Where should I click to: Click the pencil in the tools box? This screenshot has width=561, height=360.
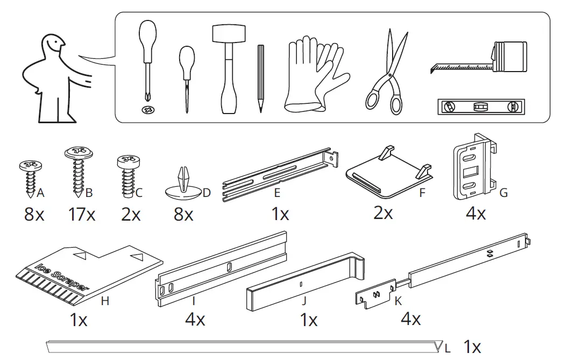click(261, 78)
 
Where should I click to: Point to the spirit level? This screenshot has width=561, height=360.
click(481, 107)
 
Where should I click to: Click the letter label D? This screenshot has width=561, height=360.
click(207, 193)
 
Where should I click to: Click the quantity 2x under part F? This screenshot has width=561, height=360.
click(382, 213)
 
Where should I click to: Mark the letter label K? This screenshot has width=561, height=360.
click(398, 301)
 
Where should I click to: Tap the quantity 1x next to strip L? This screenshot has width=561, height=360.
click(472, 347)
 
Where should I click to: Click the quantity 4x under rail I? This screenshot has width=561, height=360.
click(195, 320)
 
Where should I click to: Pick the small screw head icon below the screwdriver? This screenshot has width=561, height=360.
click(146, 110)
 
